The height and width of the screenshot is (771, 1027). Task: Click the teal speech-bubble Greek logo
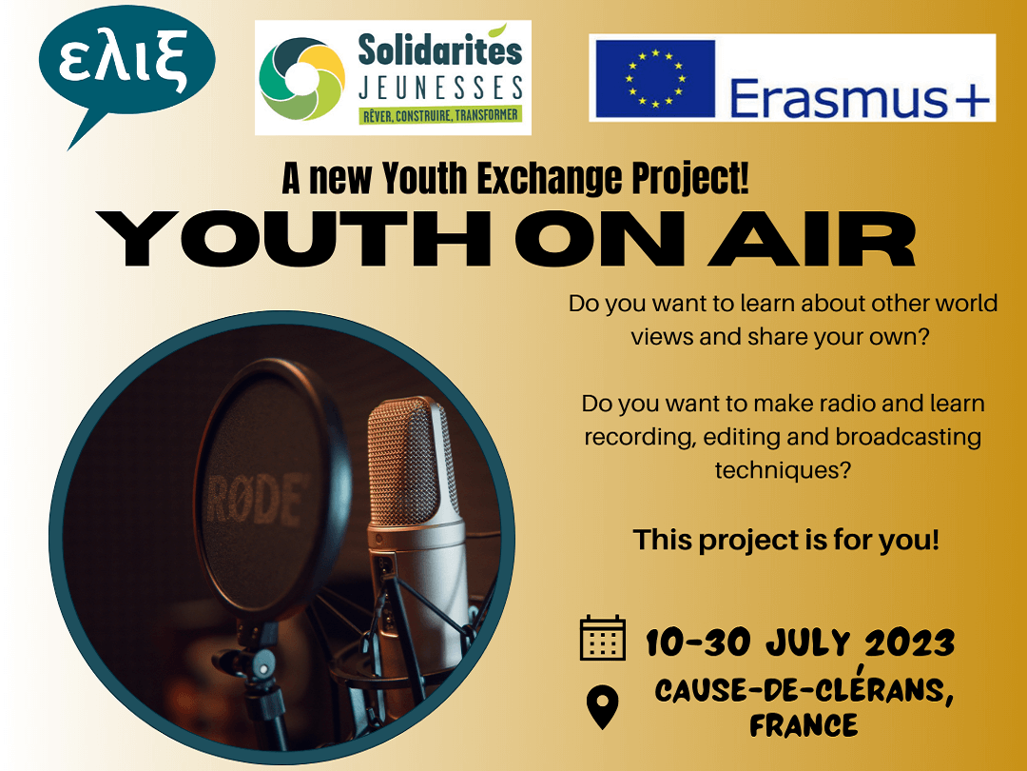[x=126, y=66]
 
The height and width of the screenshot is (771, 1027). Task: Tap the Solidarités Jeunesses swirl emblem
[x=301, y=79]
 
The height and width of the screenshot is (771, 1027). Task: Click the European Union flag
[x=655, y=79]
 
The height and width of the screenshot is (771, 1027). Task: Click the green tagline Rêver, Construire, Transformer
[x=441, y=115]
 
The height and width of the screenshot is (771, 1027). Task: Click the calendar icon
[x=603, y=638]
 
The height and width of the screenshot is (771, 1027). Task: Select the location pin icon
[x=603, y=706]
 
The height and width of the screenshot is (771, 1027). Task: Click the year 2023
[x=909, y=642]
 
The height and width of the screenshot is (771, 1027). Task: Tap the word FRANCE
[x=804, y=725]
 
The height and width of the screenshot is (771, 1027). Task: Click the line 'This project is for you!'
[x=786, y=541]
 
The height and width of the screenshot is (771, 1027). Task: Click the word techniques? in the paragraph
[x=783, y=470]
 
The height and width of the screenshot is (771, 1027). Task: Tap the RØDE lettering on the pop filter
[x=256, y=501]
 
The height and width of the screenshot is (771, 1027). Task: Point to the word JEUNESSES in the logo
[x=441, y=88]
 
